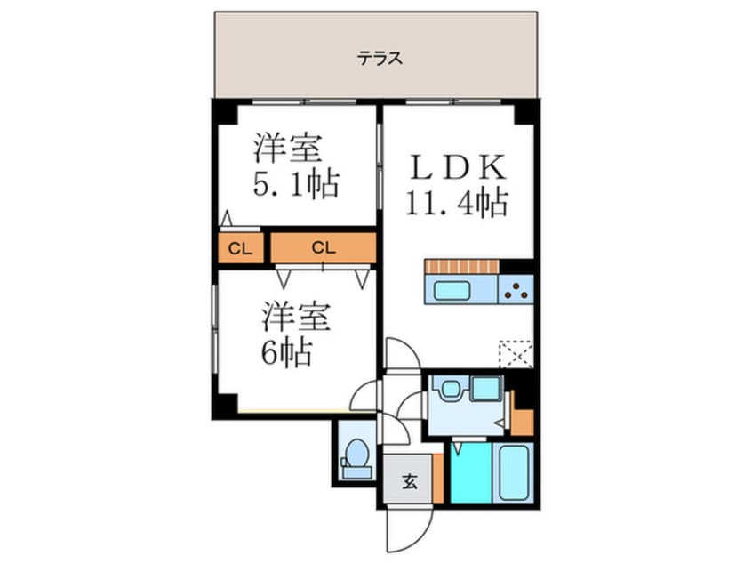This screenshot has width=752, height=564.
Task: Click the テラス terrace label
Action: [380, 60]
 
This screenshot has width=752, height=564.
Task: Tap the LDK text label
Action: [457, 168]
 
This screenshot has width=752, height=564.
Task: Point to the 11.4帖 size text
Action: [457, 203]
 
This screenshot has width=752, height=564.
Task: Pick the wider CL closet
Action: [322, 248]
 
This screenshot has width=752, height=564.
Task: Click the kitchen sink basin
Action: [456, 289]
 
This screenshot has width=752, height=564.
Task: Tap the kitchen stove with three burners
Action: [516, 289]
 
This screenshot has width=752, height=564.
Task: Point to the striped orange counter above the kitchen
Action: [462, 266]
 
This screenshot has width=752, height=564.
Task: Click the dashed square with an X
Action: [516, 353]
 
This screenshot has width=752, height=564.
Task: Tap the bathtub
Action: [514, 472]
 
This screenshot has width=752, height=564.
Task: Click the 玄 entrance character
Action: [410, 483]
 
